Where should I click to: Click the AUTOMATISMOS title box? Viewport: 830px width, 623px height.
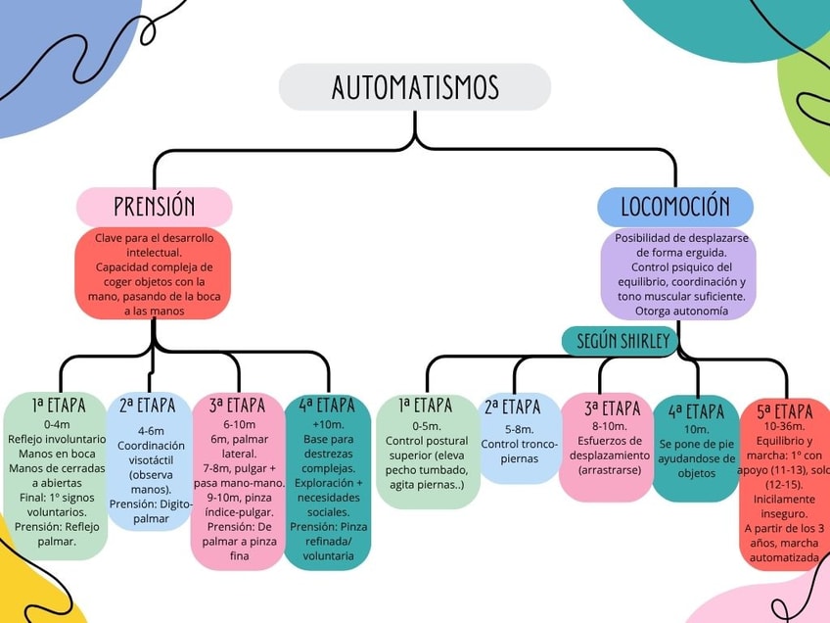click(x=415, y=87)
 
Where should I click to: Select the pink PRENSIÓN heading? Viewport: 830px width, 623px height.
click(x=155, y=207)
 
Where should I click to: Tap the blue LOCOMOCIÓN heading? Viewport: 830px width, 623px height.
click(x=675, y=207)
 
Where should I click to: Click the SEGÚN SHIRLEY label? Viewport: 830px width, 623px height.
click(x=622, y=341)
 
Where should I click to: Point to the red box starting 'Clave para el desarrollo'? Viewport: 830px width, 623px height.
click(x=154, y=274)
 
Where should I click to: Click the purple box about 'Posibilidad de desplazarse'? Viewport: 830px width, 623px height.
click(x=678, y=274)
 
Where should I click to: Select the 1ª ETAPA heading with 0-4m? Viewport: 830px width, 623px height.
click(x=58, y=405)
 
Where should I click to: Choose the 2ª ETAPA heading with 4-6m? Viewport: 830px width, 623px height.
click(x=148, y=406)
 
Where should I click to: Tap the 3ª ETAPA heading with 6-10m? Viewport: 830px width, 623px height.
click(x=238, y=406)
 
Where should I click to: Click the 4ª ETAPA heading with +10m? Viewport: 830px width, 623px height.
click(x=327, y=405)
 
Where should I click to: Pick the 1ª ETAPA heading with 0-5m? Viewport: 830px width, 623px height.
click(x=426, y=406)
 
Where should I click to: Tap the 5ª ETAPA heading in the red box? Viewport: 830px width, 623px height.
click(x=785, y=411)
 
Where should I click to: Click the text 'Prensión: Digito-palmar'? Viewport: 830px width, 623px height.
click(x=151, y=510)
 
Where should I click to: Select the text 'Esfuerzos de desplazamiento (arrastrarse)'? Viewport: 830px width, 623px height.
click(x=607, y=455)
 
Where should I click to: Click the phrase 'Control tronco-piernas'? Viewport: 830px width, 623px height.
click(x=519, y=451)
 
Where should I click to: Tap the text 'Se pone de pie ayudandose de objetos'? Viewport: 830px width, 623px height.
click(x=696, y=457)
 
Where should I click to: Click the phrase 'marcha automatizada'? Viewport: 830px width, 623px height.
click(x=783, y=550)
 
